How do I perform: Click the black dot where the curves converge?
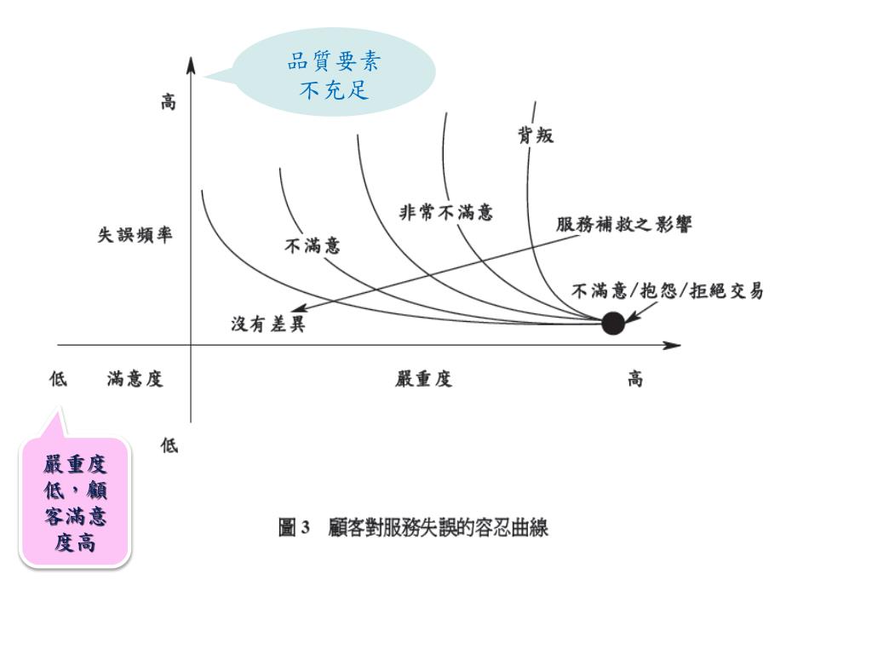(612, 324)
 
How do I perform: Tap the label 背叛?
(536, 135)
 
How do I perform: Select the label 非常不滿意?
(446, 212)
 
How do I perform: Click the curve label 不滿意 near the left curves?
(312, 246)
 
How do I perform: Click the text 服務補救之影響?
(624, 225)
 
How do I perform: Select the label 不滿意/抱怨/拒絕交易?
(667, 290)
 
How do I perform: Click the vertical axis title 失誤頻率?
(135, 235)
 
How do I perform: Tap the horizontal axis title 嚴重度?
(423, 379)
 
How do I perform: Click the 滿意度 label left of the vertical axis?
(135, 379)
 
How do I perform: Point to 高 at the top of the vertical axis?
(169, 103)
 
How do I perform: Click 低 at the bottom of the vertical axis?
(169, 445)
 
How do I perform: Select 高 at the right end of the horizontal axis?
(635, 379)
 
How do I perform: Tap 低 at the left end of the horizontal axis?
(58, 379)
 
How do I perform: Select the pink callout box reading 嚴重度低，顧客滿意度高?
(76, 502)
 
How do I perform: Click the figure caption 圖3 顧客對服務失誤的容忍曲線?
(414, 528)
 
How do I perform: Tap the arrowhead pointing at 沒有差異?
(298, 310)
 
